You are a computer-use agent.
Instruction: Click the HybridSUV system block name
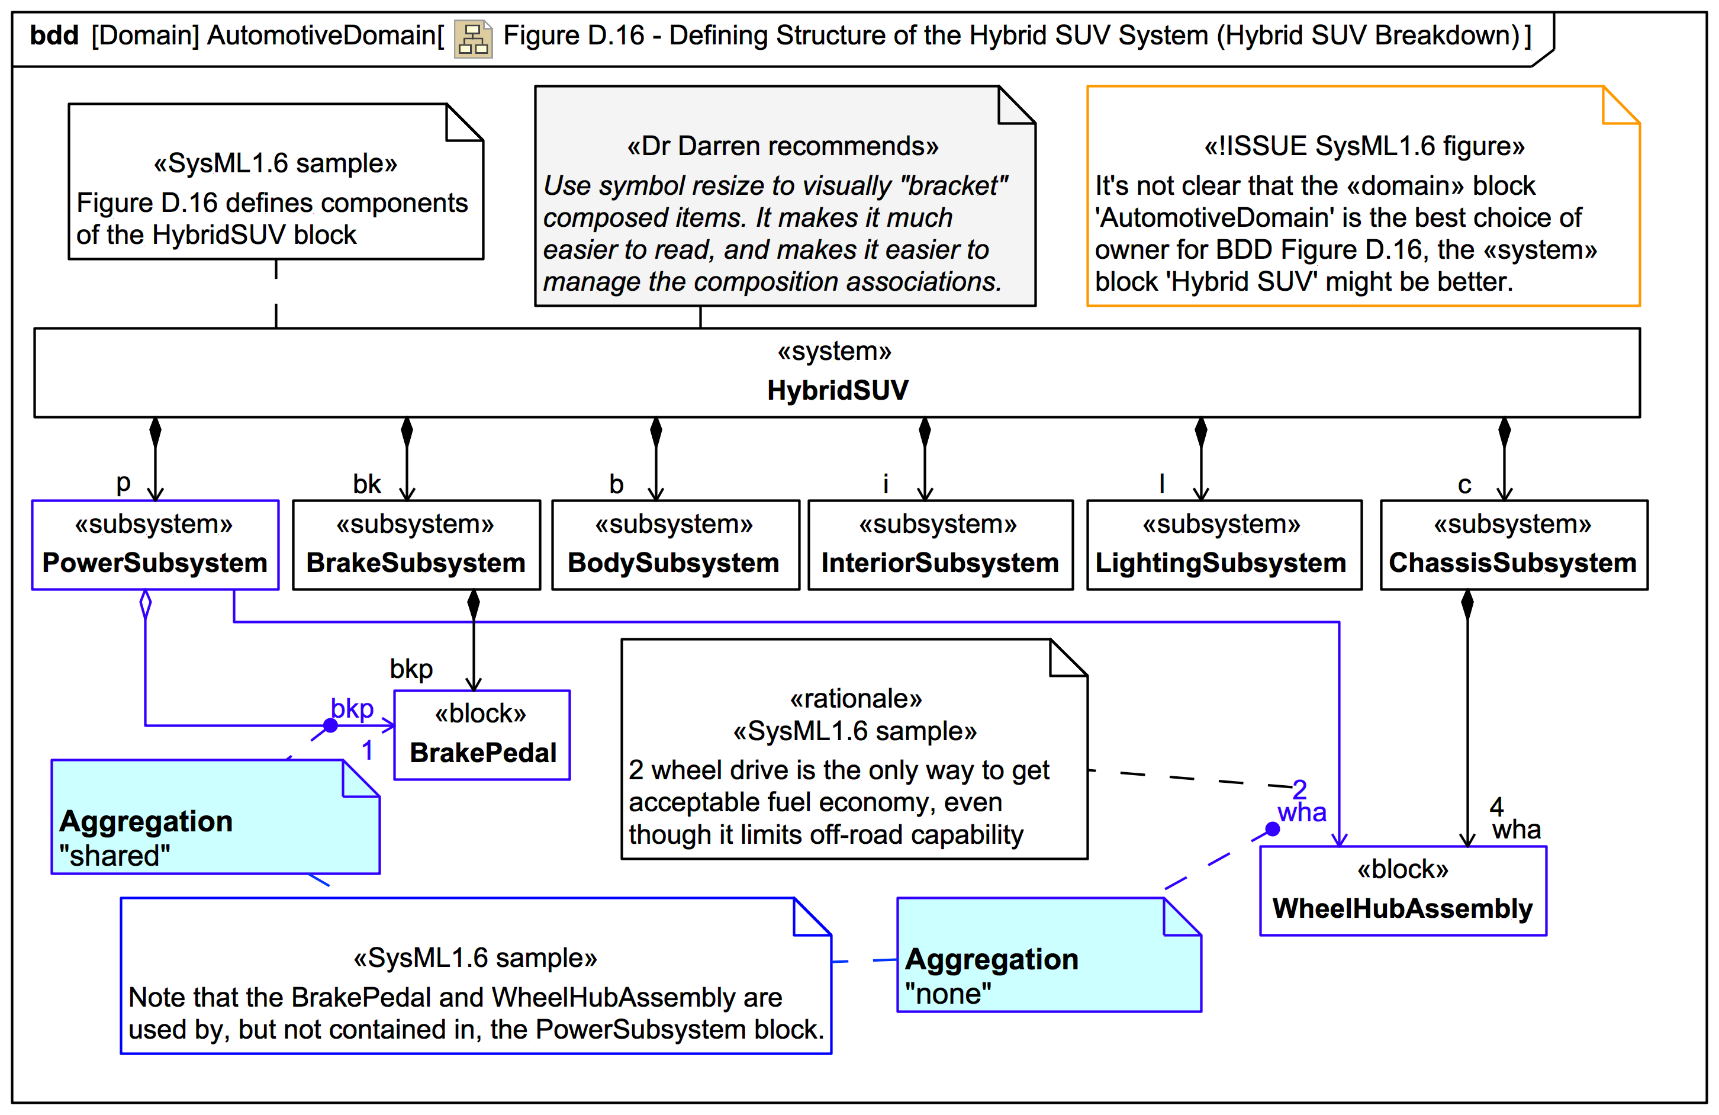tap(836, 390)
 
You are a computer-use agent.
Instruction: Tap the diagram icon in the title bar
tap(473, 38)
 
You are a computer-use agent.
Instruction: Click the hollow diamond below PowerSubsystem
tap(145, 604)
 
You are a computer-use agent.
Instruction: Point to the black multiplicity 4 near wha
tap(1496, 806)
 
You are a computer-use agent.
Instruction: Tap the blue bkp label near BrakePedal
tap(352, 708)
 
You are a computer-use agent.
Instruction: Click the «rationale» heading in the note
tap(855, 699)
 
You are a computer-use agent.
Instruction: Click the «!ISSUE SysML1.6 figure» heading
tap(1364, 147)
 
